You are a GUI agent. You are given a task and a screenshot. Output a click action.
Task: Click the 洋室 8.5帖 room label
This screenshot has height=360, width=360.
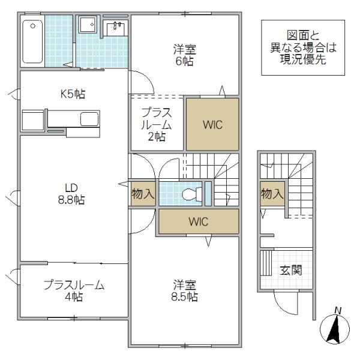pyautogui.click(x=185, y=290)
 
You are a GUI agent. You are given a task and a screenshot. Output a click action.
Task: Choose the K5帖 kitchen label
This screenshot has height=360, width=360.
pyautogui.click(x=72, y=94)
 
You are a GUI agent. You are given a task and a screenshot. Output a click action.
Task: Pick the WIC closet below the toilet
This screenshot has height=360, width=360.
pyautogui.click(x=198, y=221)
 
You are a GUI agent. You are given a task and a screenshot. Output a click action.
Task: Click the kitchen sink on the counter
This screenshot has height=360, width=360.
pyautogui.click(x=90, y=119)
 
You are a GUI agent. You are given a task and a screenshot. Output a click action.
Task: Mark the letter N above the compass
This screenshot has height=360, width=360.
pyautogui.click(x=338, y=310)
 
